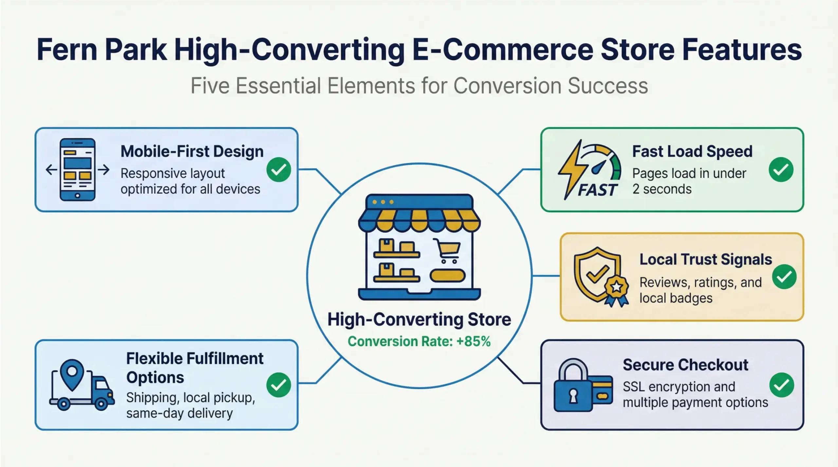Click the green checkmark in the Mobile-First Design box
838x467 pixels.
tap(279, 169)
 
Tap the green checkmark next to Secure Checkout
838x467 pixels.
tap(781, 385)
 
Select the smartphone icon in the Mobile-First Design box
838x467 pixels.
tap(77, 169)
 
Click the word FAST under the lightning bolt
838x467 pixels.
tap(597, 190)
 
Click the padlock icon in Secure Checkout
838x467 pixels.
tap(573, 388)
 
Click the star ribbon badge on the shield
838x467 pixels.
tap(616, 288)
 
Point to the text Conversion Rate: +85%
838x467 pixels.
tap(419, 341)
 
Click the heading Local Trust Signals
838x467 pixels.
tap(705, 259)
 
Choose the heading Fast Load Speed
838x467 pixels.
tap(692, 151)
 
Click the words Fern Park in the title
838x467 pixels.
tap(101, 50)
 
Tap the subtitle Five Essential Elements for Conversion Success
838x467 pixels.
tap(419, 86)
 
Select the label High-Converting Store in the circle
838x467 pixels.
tap(419, 320)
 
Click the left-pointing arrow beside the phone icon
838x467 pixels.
tap(51, 169)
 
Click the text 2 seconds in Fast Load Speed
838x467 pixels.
tap(662, 189)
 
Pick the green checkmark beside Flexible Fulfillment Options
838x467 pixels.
tap(279, 385)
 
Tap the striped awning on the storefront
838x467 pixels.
tap(419, 221)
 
